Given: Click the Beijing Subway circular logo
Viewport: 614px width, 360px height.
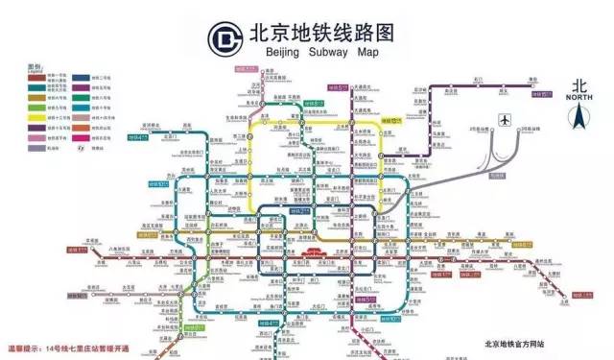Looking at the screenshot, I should coord(227,37).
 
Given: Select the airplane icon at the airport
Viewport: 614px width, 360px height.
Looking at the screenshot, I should coord(506,120).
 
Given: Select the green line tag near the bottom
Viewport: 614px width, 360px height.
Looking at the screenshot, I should coord(274,324).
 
